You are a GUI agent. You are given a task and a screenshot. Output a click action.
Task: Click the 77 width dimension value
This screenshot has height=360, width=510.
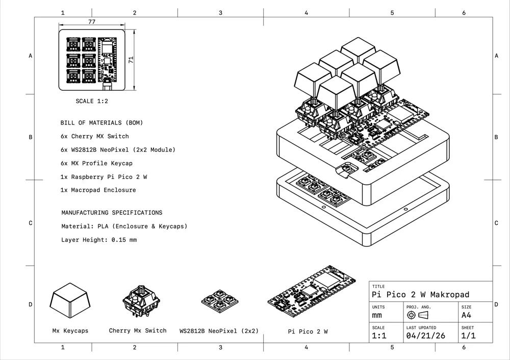point(92,22)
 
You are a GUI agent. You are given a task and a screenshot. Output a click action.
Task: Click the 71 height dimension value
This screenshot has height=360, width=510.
point(131,60)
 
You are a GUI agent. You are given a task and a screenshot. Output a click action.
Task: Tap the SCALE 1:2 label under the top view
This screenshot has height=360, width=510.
point(92,101)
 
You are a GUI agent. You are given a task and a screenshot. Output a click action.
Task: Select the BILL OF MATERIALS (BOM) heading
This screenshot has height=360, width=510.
point(101,123)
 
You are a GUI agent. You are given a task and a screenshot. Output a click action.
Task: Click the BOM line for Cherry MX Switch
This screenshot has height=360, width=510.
point(94,137)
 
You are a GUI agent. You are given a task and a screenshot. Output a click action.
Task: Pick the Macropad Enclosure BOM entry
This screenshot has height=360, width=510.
point(98,190)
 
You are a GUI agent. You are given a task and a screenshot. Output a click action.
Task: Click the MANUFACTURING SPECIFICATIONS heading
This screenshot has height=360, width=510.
point(112,213)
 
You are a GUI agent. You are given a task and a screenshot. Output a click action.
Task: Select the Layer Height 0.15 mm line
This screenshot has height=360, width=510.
point(99,240)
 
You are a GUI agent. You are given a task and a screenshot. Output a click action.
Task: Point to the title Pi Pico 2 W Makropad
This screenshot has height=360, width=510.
point(421,295)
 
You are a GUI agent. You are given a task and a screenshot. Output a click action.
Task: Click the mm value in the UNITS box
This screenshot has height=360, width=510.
point(377,316)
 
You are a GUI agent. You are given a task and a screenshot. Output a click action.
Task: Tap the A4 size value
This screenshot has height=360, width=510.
point(466,316)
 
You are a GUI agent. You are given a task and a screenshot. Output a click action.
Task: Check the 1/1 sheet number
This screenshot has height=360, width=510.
point(469,336)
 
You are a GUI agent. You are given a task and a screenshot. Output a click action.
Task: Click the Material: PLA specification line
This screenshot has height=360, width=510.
point(124,226)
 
